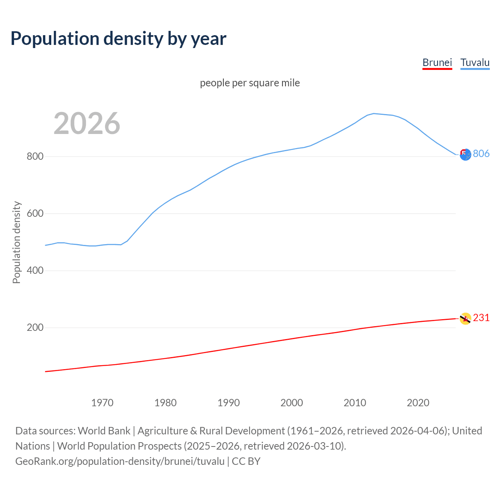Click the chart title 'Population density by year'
(x=118, y=38)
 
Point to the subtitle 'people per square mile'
(x=250, y=83)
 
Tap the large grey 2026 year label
(x=87, y=123)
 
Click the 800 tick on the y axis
(x=35, y=157)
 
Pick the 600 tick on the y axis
(x=35, y=214)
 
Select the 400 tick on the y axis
(x=35, y=271)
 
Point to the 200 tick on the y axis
(x=35, y=328)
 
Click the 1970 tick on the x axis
(x=102, y=403)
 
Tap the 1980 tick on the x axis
(x=166, y=403)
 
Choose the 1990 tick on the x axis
(x=229, y=403)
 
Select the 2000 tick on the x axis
(x=292, y=403)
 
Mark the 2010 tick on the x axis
(x=355, y=403)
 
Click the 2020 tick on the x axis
(x=418, y=403)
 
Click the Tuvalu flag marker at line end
(x=465, y=155)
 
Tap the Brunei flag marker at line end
(x=465, y=318)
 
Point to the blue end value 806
(x=481, y=154)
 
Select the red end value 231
(x=481, y=318)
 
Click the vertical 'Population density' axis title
(x=16, y=242)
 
